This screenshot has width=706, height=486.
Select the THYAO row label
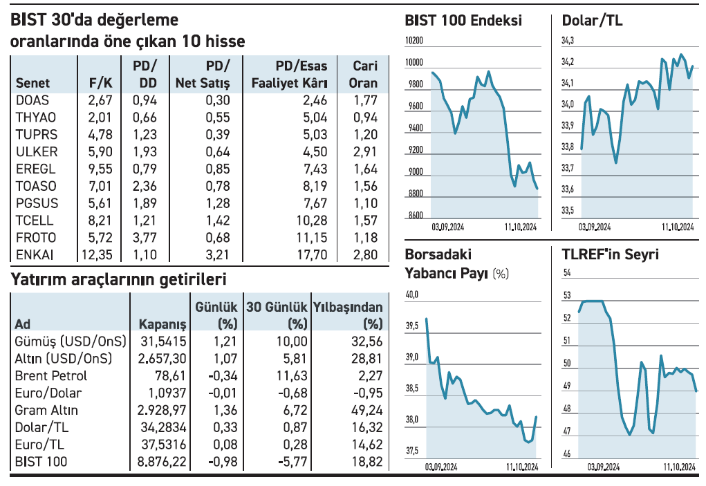[x=36, y=117]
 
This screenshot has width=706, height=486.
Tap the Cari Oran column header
[x=364, y=75]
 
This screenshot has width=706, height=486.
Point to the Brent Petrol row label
[x=51, y=376]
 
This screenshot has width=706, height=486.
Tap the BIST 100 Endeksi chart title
[x=463, y=21]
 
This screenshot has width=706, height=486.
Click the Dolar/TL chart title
[x=593, y=21]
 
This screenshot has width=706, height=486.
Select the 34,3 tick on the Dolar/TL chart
[x=568, y=42]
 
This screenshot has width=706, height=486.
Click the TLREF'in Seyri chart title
[x=611, y=254]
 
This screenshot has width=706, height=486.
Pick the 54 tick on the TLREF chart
[x=568, y=274]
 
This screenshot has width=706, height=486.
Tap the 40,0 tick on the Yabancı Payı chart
[x=412, y=295]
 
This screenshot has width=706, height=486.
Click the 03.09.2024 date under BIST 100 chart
[x=449, y=226]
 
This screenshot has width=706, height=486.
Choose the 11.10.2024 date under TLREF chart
[x=678, y=467]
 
